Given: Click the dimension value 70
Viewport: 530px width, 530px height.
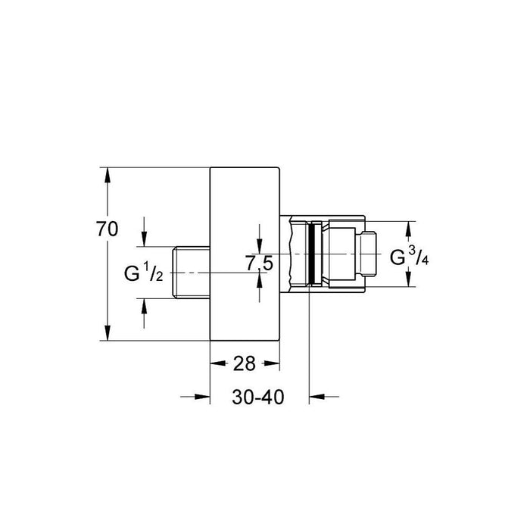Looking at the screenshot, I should (x=108, y=229).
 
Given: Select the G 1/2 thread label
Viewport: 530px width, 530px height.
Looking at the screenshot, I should (x=144, y=272).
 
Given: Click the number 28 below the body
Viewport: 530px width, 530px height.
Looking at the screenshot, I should (x=244, y=364).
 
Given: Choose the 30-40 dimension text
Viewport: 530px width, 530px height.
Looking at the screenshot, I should (x=258, y=397).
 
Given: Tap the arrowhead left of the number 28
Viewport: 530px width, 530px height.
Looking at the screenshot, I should (x=217, y=364).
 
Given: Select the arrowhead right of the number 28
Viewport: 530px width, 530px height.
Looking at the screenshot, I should (x=273, y=364).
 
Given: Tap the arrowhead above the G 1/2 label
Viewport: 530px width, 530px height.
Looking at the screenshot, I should (x=145, y=238).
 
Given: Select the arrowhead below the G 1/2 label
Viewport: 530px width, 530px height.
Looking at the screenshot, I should (x=145, y=305).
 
